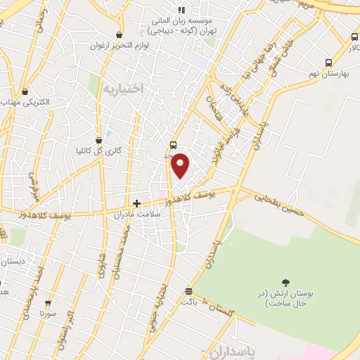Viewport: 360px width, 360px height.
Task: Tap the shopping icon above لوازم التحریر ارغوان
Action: (119, 34)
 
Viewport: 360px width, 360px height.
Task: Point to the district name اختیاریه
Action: (122, 89)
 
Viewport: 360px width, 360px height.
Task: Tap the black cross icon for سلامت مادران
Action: (136, 203)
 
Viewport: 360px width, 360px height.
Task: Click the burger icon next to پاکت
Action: (188, 291)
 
